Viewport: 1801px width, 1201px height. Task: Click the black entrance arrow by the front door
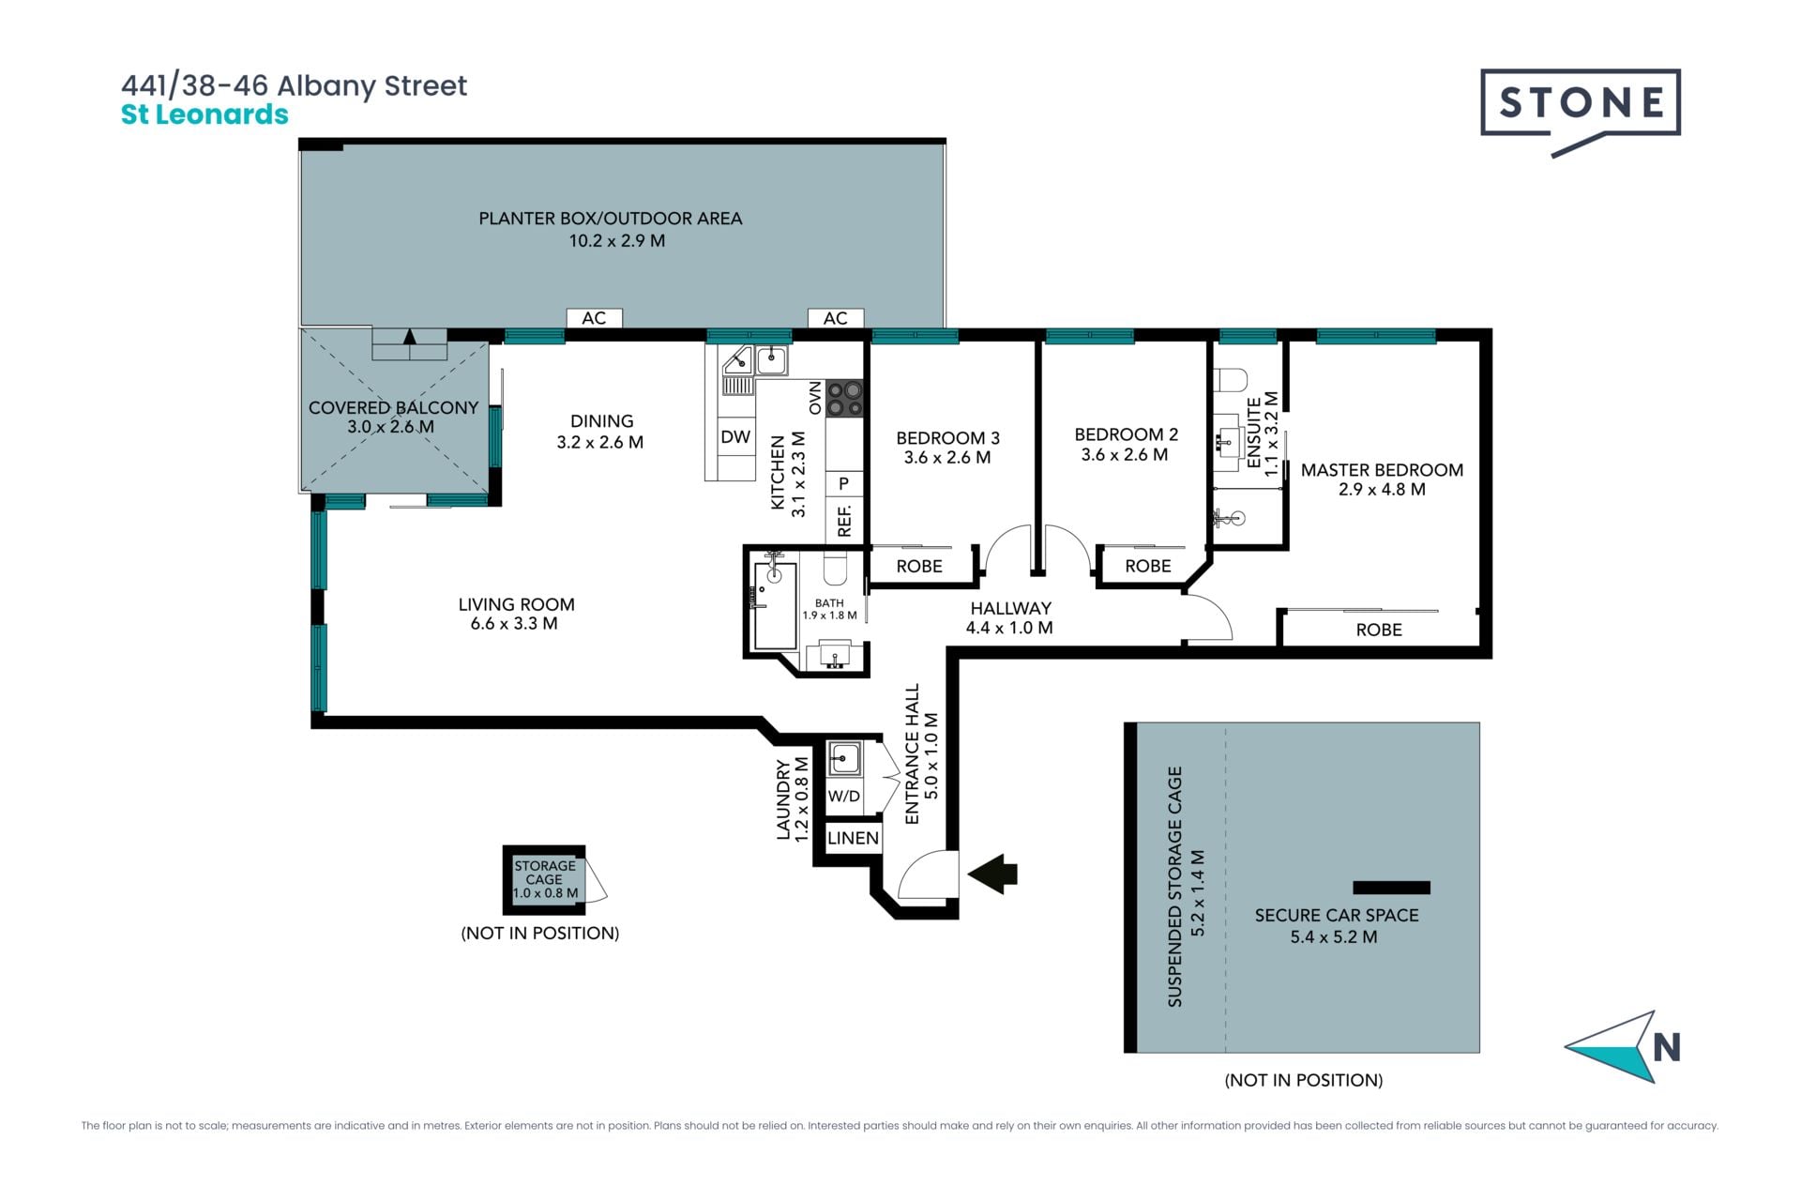pyautogui.click(x=992, y=874)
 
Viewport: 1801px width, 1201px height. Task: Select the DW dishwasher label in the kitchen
pyautogui.click(x=735, y=436)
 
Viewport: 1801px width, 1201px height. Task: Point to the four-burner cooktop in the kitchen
pyautogui.click(x=844, y=398)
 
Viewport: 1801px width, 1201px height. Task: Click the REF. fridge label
pyautogui.click(x=844, y=521)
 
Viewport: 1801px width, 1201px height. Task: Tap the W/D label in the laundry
pyautogui.click(x=844, y=796)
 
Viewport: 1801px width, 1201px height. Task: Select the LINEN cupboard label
pyautogui.click(x=853, y=838)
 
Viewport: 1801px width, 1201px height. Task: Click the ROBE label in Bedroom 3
pyautogui.click(x=919, y=566)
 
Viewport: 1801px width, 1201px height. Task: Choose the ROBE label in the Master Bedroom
pyautogui.click(x=1379, y=630)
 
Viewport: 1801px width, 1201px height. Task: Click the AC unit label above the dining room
pyautogui.click(x=594, y=318)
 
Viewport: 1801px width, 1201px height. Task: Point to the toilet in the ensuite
pyautogui.click(x=1230, y=380)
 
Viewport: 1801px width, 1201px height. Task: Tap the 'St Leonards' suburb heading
pyautogui.click(x=204, y=114)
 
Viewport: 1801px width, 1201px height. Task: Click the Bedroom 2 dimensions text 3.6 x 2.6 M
pyautogui.click(x=1125, y=455)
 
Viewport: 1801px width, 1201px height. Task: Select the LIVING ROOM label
pyautogui.click(x=516, y=604)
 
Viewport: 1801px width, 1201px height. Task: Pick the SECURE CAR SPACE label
pyautogui.click(x=1337, y=915)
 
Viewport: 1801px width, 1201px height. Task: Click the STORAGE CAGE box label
pyautogui.click(x=545, y=873)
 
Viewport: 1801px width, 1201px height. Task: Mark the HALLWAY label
pyautogui.click(x=1010, y=608)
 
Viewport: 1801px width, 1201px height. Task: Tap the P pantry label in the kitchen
pyautogui.click(x=844, y=484)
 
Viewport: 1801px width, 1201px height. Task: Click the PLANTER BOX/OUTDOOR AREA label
pyautogui.click(x=611, y=219)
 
